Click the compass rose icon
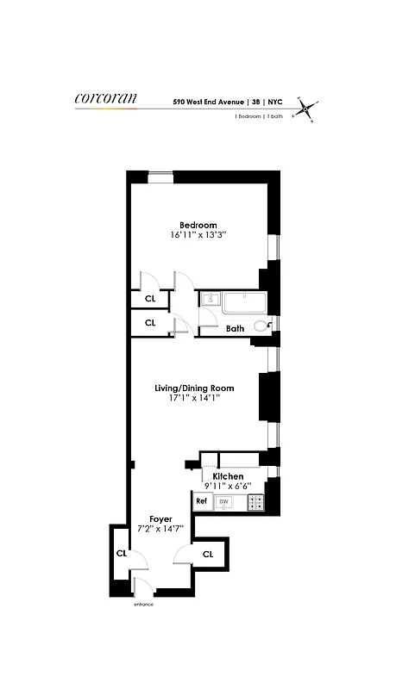[305, 109]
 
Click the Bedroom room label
[198, 225]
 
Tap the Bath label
[235, 328]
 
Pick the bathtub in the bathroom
[244, 301]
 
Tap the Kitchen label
[228, 476]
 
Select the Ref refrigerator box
[201, 501]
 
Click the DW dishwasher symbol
[223, 501]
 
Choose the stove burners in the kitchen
[255, 501]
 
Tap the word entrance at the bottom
[143, 605]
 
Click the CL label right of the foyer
[207, 554]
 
